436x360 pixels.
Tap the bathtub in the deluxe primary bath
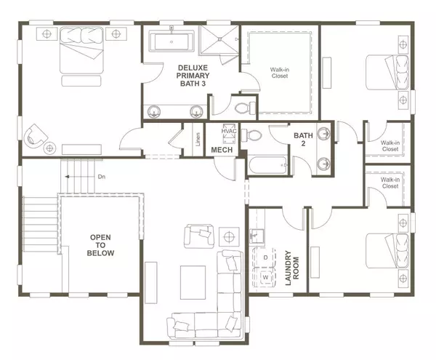(x=172, y=41)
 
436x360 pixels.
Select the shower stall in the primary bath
(x=220, y=42)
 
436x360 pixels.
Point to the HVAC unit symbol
(x=229, y=132)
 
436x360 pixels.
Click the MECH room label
(x=221, y=150)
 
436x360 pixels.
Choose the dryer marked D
(x=267, y=257)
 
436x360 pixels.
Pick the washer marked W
(x=267, y=278)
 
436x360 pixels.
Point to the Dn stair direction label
(x=102, y=177)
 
